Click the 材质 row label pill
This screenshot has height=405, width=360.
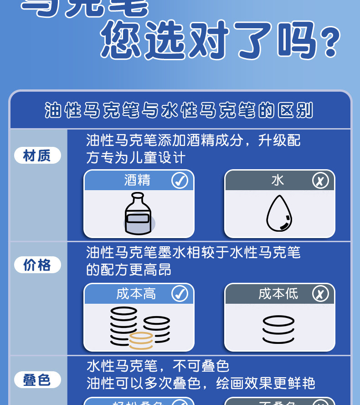click(37, 156)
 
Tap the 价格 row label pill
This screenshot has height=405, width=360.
click(37, 265)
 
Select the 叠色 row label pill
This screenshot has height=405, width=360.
click(37, 379)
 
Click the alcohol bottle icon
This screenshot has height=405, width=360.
click(138, 214)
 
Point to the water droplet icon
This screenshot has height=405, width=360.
click(279, 213)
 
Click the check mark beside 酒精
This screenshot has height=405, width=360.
click(180, 181)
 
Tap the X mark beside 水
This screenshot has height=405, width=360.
click(320, 181)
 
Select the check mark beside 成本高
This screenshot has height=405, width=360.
click(180, 294)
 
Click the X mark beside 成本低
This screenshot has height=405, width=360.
click(320, 294)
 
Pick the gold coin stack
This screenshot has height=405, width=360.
click(141, 341)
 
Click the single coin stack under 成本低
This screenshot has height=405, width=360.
click(278, 329)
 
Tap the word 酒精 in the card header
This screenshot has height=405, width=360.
click(137, 181)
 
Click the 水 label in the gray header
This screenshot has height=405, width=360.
click(278, 181)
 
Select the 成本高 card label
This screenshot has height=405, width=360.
click(136, 294)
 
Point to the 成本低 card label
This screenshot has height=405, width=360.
click(278, 294)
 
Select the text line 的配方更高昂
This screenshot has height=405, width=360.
click(129, 270)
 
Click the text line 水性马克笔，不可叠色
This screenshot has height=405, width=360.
click(158, 366)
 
